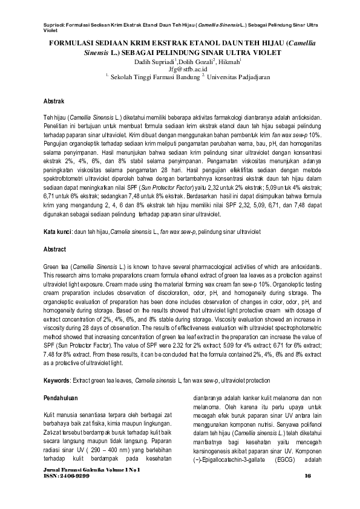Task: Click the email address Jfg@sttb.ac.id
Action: pyautogui.click(x=180, y=70)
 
